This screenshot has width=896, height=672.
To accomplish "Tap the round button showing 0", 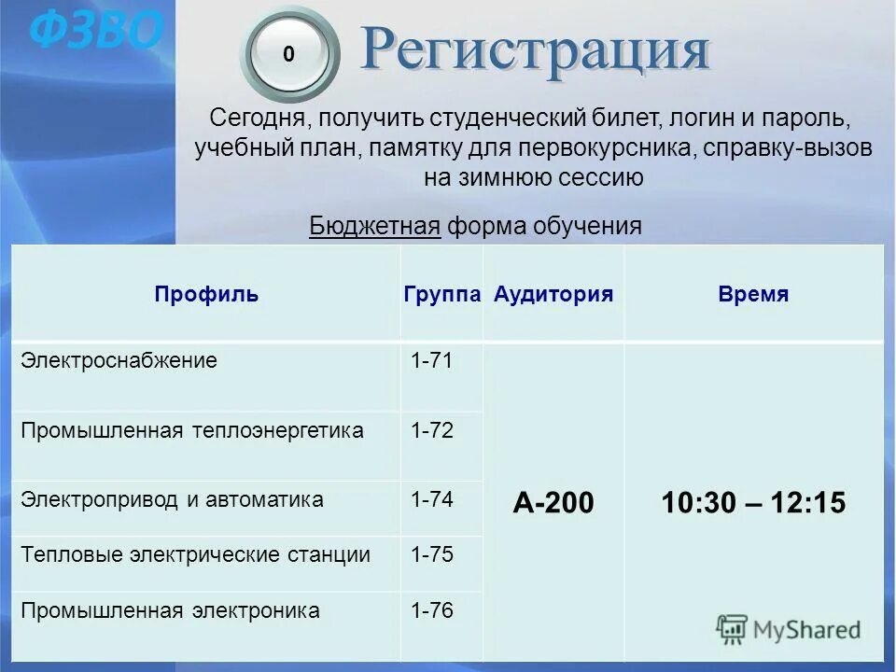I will pos(288,55).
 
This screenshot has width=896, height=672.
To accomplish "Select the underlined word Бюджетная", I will pos(374,226).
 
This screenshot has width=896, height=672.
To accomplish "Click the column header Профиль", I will pos(206,295).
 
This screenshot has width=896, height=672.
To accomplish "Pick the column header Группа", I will pos(442,295).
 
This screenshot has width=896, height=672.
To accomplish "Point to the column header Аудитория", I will pos(553,295).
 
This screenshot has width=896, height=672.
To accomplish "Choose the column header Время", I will pos(753,295).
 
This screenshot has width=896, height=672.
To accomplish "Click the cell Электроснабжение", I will pos(119,361).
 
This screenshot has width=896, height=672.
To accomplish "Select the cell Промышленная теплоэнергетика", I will pos(192,430).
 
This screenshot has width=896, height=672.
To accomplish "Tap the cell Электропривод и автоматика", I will pos(173,500).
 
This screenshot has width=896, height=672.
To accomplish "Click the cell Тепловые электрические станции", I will pos(196,555).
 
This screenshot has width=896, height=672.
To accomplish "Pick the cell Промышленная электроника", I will pos(171,611).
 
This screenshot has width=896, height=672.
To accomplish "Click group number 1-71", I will pos(432,361).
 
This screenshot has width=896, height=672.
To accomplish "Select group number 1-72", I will pos(432,430).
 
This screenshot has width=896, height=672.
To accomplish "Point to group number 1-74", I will pos(432,500).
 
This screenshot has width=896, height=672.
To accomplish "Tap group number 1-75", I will pos(432,555).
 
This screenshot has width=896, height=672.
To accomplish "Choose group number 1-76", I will pos(432,611).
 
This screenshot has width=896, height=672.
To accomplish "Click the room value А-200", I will pos(553,503).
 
